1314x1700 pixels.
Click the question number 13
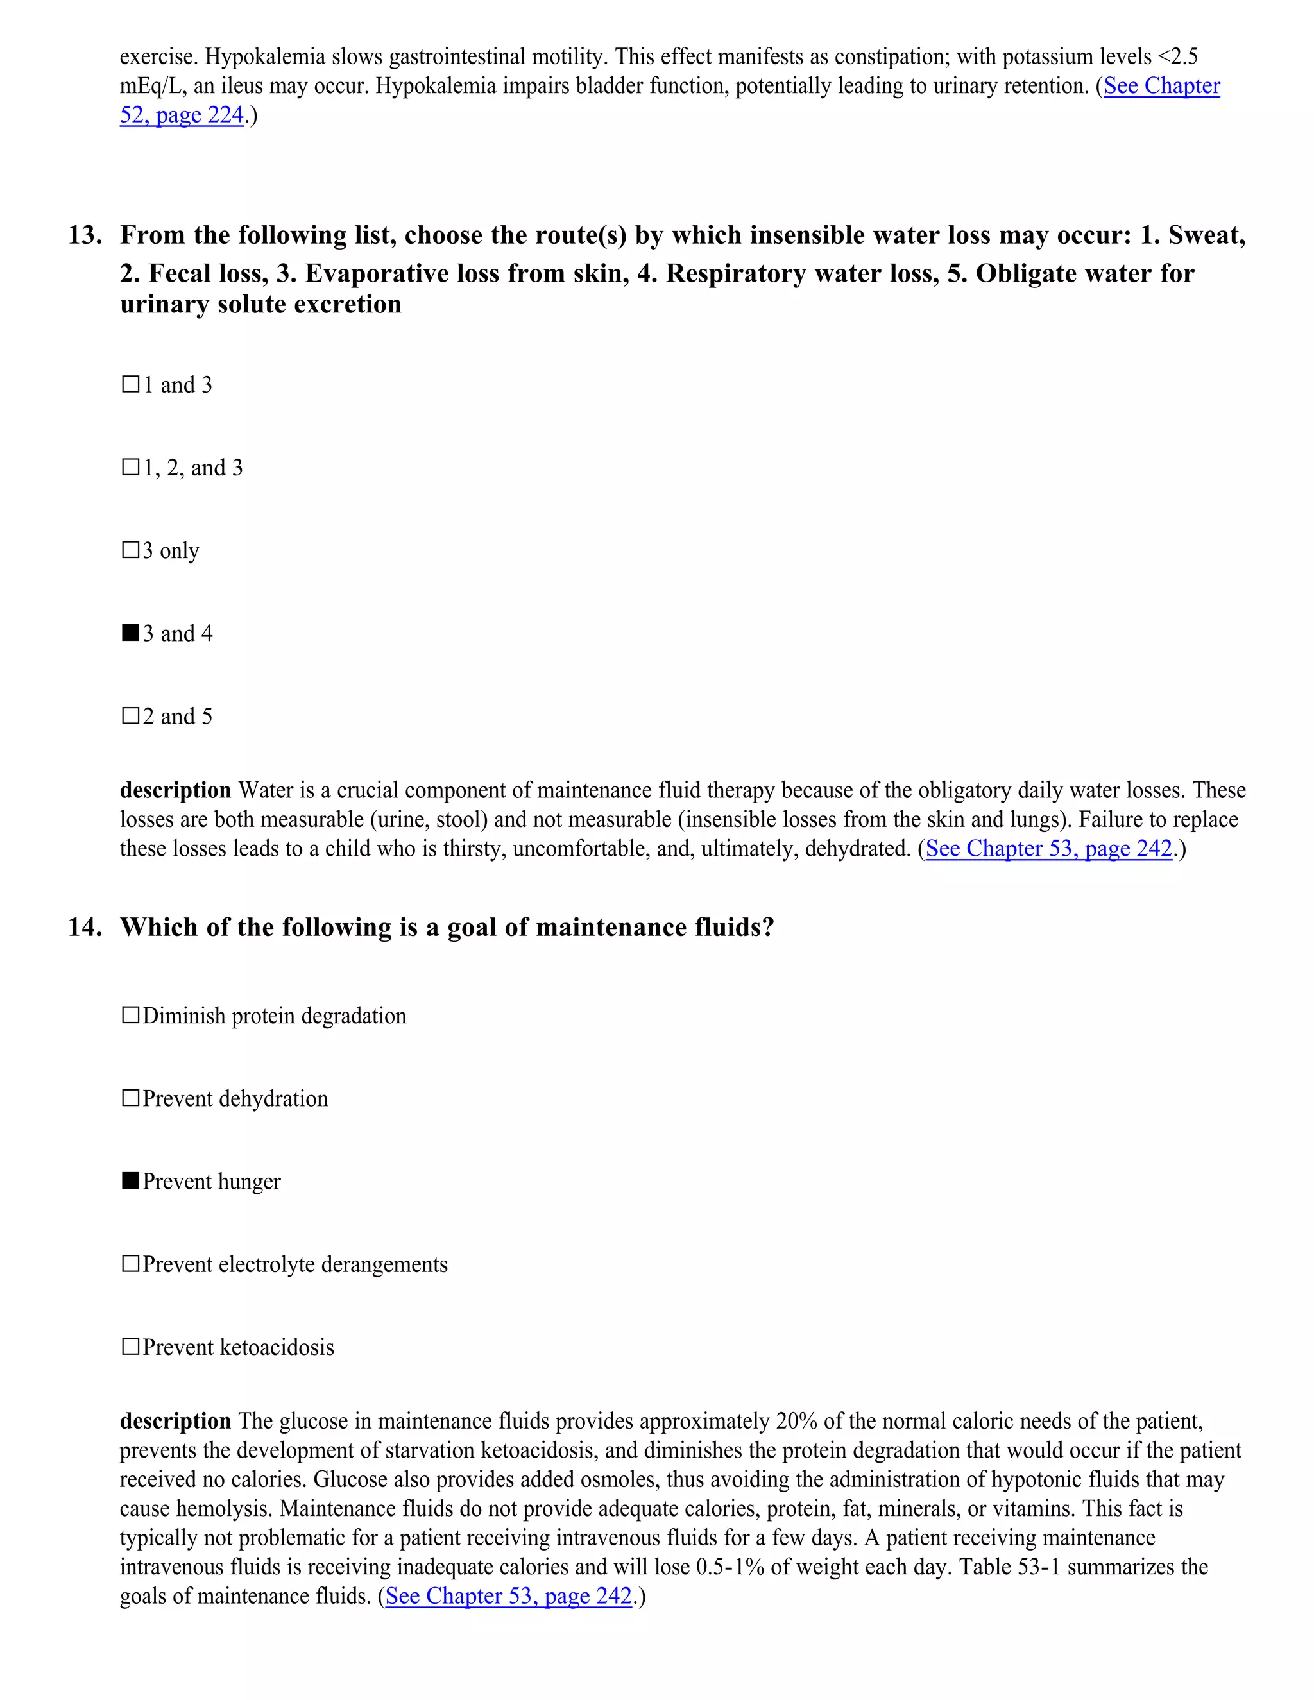tap(85, 235)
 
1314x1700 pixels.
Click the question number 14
tap(85, 927)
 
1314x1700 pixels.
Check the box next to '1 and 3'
tap(130, 384)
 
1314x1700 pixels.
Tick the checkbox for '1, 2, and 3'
tap(130, 468)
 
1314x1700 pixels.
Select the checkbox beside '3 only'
tap(130, 550)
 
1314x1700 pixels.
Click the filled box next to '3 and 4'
tap(130, 633)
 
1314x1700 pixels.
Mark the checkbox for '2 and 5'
tap(130, 716)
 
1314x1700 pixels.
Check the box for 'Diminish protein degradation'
tap(130, 1016)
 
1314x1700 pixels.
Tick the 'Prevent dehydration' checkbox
tap(130, 1098)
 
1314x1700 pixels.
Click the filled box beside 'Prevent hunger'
tap(130, 1181)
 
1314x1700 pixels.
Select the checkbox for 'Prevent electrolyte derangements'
tap(130, 1264)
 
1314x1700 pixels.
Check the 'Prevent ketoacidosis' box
tap(130, 1347)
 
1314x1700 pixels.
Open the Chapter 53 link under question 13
tap(1048, 849)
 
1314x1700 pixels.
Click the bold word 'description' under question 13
tap(175, 790)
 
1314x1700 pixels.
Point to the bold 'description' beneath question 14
tap(175, 1422)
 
